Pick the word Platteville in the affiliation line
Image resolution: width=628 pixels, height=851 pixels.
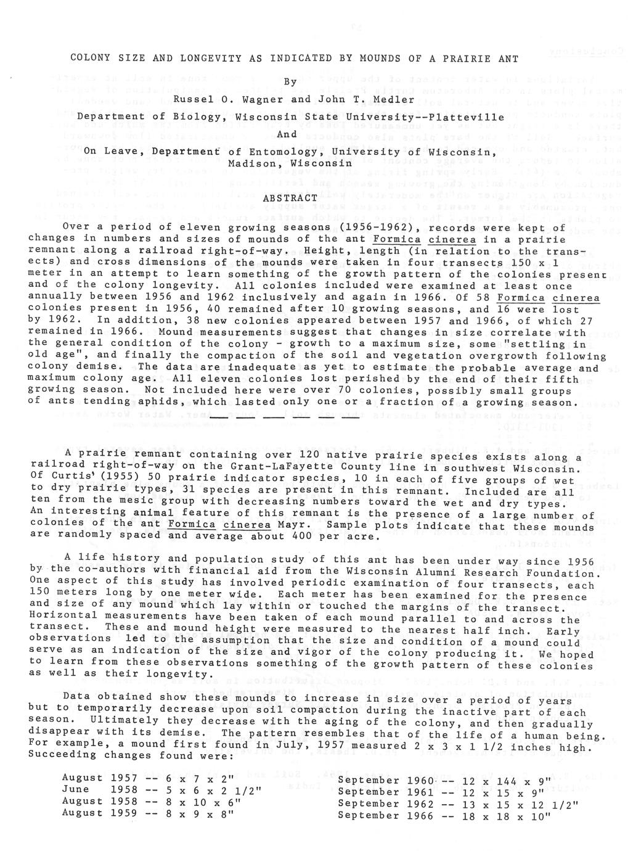tap(471, 116)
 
